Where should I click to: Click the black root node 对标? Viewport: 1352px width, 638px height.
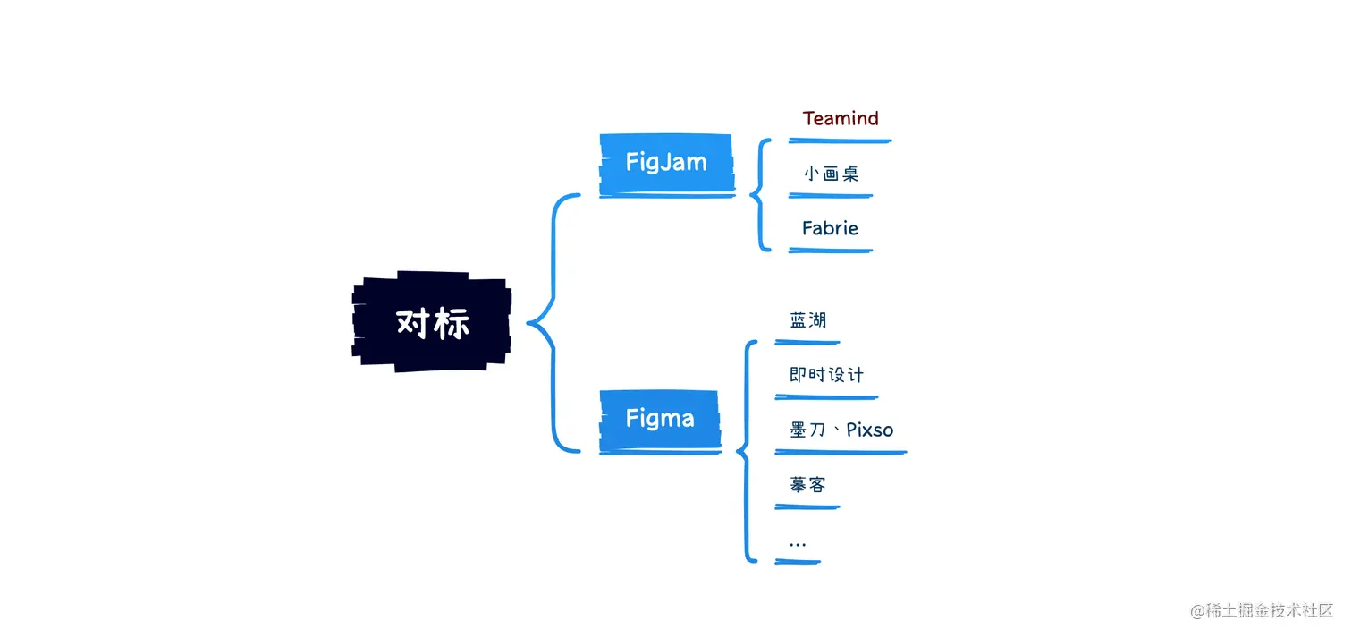click(x=432, y=322)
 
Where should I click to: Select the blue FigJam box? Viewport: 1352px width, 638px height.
click(x=666, y=163)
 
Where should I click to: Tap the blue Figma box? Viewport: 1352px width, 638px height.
click(x=660, y=418)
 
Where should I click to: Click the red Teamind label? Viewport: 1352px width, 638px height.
click(x=841, y=118)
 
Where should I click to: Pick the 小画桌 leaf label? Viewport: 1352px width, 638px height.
click(x=831, y=174)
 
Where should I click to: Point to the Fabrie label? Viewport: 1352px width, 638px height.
click(x=830, y=228)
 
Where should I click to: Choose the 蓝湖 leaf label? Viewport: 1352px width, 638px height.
click(x=807, y=319)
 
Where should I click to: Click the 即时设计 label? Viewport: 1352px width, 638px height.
click(x=826, y=374)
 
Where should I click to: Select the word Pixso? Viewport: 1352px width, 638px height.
click(x=869, y=430)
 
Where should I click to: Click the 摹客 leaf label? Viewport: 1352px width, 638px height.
click(x=807, y=484)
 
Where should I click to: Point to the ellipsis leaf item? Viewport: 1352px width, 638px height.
click(x=798, y=543)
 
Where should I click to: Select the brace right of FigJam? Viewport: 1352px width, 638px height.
click(x=759, y=194)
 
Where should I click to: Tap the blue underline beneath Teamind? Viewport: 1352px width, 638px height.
click(x=841, y=140)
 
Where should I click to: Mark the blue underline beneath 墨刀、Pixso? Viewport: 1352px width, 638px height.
click(x=841, y=453)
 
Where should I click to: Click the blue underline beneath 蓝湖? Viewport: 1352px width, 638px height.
click(x=807, y=342)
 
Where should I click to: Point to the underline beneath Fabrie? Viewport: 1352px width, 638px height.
click(x=830, y=251)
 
